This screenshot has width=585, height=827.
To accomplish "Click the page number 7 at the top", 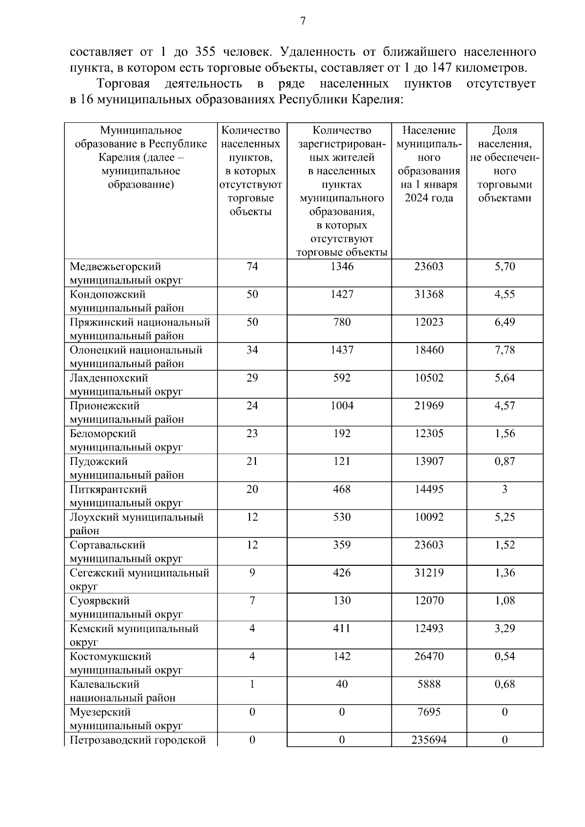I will pyautogui.click(x=303, y=21).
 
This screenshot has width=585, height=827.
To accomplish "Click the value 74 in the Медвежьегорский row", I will pyautogui.click(x=252, y=267).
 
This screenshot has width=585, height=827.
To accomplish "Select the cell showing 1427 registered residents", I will pyautogui.click(x=341, y=294).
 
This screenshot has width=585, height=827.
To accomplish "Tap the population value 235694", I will pyautogui.click(x=429, y=740).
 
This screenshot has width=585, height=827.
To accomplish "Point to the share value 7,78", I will pyautogui.click(x=505, y=350).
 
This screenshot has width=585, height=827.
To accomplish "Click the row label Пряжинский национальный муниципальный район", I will pyautogui.click(x=140, y=329).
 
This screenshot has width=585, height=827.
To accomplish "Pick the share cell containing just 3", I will pyautogui.click(x=505, y=489).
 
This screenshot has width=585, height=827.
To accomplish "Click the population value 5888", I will pyautogui.click(x=429, y=684).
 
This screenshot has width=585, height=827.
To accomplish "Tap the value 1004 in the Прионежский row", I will pyautogui.click(x=341, y=406).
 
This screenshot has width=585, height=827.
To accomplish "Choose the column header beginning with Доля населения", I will pyautogui.click(x=505, y=164).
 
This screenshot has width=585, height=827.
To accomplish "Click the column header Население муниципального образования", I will pyautogui.click(x=429, y=164).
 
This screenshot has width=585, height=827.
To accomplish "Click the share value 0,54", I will pyautogui.click(x=505, y=656).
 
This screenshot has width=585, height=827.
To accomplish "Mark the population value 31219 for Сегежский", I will pyautogui.click(x=429, y=573).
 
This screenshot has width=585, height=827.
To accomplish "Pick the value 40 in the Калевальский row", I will pyautogui.click(x=341, y=684).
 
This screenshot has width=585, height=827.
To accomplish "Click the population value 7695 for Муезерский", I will pyautogui.click(x=429, y=712).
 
